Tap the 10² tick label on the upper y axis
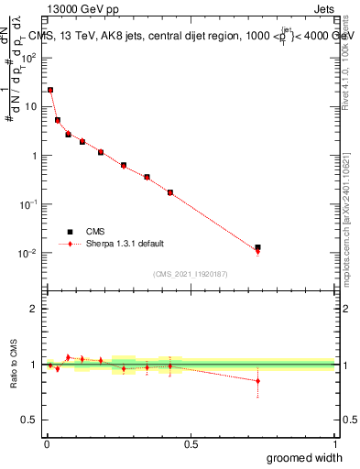[29, 57]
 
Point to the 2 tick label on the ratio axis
[34, 309]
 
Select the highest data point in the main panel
[50, 90]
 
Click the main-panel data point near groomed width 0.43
[170, 192]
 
